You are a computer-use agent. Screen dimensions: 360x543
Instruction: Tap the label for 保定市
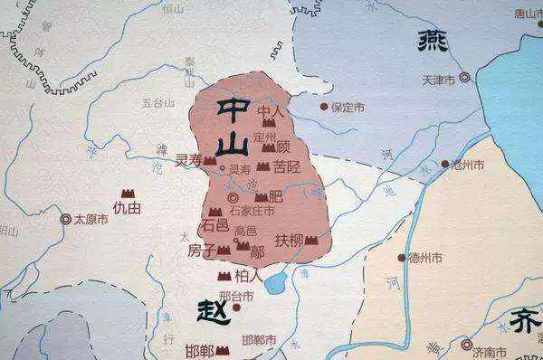click(348, 107)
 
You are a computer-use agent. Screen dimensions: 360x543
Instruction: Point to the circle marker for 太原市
click(65, 219)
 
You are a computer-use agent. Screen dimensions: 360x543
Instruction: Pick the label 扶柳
click(289, 241)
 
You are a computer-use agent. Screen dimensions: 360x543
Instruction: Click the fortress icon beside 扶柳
click(312, 241)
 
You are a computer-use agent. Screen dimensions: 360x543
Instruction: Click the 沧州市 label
click(468, 166)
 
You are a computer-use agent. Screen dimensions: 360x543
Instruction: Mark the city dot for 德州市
click(402, 258)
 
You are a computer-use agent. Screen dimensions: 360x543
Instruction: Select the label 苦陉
click(287, 166)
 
